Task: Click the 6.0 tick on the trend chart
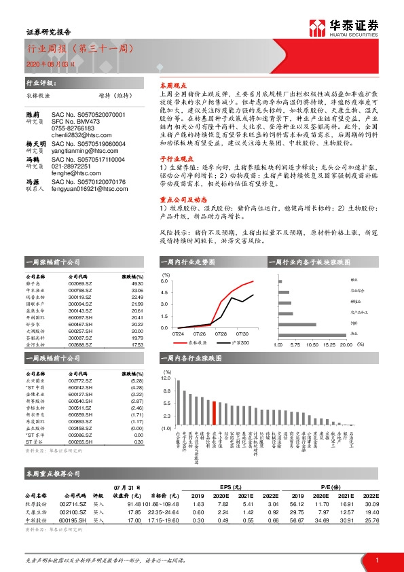pos(164,281)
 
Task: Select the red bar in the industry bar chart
pos(214,412)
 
